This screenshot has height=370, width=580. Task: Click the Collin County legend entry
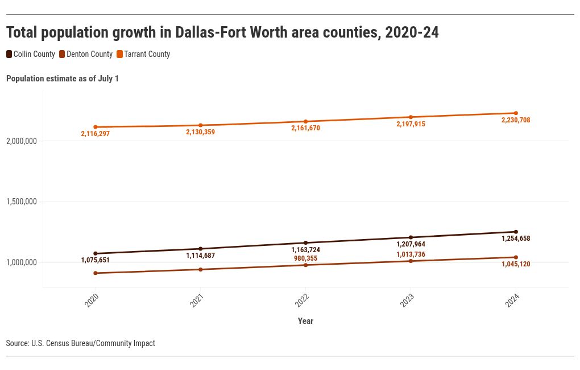31,55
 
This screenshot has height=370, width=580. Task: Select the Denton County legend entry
86,55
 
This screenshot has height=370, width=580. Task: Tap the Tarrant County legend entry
143,55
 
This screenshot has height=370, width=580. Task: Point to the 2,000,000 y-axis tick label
22,141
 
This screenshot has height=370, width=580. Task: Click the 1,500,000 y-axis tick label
22,202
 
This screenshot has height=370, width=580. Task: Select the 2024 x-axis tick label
512,301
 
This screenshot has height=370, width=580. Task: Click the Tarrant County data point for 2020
96,127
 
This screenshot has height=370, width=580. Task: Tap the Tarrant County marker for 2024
516,113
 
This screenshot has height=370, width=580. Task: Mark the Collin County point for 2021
201,249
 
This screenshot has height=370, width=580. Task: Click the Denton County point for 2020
96,273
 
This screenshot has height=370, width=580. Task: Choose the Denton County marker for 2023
411,261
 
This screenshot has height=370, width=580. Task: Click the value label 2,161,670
305,129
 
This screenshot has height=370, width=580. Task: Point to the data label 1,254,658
516,239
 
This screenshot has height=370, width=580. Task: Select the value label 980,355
305,258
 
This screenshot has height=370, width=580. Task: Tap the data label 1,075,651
96,260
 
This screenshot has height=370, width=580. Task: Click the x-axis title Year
305,321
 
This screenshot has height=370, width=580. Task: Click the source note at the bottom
80,343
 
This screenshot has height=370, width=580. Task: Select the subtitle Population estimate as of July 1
63,79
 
